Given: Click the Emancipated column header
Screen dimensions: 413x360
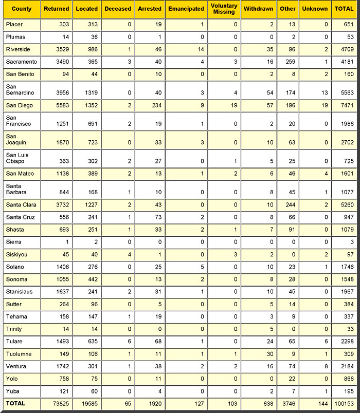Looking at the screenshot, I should tap(186, 9).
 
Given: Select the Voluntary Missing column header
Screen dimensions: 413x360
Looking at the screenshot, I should tap(224, 9).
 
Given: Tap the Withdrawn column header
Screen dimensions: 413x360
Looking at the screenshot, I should tap(258, 9).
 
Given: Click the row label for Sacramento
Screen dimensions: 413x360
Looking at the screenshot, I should tap(21, 62).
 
